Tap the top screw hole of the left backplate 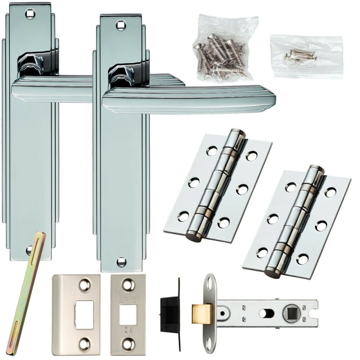(30, 14)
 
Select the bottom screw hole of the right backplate (121, 261)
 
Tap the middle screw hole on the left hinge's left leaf (195, 182)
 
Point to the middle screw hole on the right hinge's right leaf (321, 225)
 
